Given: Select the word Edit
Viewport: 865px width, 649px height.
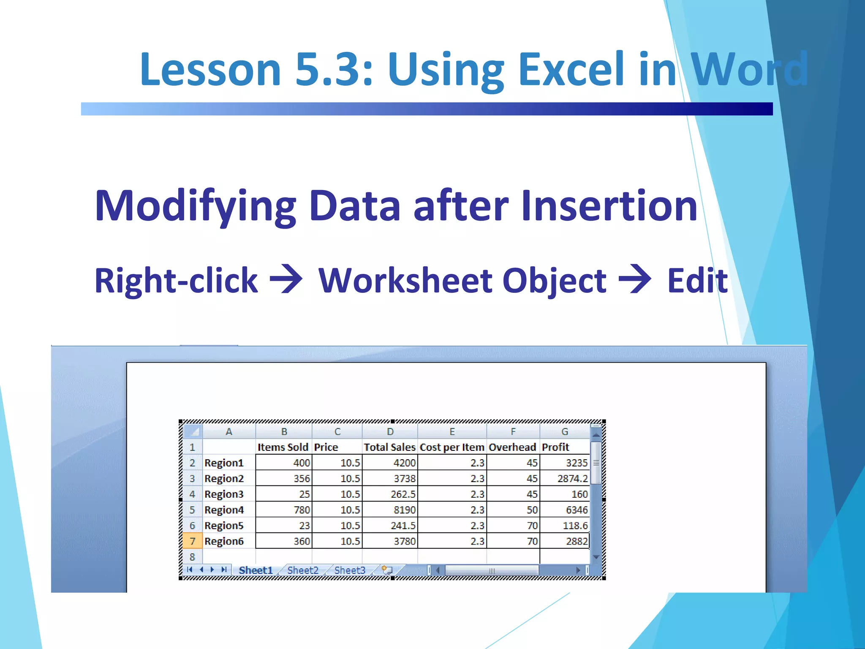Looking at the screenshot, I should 697,281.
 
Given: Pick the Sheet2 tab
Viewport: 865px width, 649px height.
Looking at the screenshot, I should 302,570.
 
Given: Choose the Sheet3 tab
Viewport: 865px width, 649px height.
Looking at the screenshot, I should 349,570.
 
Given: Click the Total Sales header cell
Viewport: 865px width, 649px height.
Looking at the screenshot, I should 389,447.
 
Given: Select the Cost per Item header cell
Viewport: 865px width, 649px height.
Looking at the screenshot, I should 452,447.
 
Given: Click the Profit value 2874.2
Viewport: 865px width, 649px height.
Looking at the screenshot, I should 572,478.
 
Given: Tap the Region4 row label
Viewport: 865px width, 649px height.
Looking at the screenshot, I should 224,510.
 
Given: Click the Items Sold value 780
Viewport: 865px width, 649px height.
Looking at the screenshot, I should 302,510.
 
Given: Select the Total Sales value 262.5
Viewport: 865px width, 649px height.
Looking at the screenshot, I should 403,494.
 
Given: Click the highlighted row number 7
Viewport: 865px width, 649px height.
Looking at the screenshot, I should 192,541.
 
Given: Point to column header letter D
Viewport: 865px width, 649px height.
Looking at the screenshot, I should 390,432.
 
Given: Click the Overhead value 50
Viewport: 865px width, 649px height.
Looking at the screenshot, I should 532,510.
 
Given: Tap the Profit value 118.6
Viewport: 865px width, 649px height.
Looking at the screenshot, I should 575,526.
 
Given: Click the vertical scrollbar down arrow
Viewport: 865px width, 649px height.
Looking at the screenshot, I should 596,557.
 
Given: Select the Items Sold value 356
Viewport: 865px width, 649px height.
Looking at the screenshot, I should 302,478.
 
